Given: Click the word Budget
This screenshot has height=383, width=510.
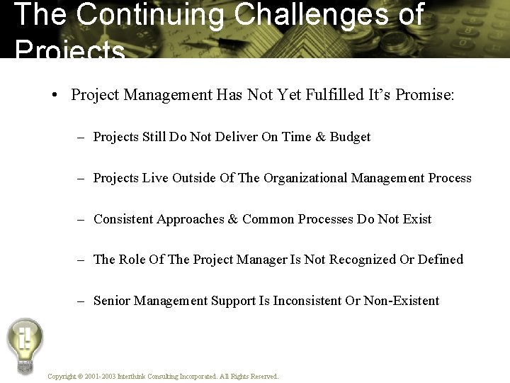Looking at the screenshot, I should click(x=350, y=137).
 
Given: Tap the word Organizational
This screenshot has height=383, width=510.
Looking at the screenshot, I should click(x=307, y=178).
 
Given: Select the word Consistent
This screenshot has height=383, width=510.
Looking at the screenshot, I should click(x=123, y=219).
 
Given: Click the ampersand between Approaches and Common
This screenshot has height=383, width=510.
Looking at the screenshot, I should click(x=233, y=219).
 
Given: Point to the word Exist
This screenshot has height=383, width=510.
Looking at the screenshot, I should click(x=416, y=219).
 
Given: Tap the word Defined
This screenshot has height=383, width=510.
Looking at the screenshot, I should click(x=441, y=260).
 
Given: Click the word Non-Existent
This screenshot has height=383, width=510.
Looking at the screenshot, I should click(x=402, y=301).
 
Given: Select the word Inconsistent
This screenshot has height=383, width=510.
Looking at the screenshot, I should click(x=307, y=301).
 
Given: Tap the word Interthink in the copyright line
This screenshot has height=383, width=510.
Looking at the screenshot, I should click(x=134, y=377).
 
